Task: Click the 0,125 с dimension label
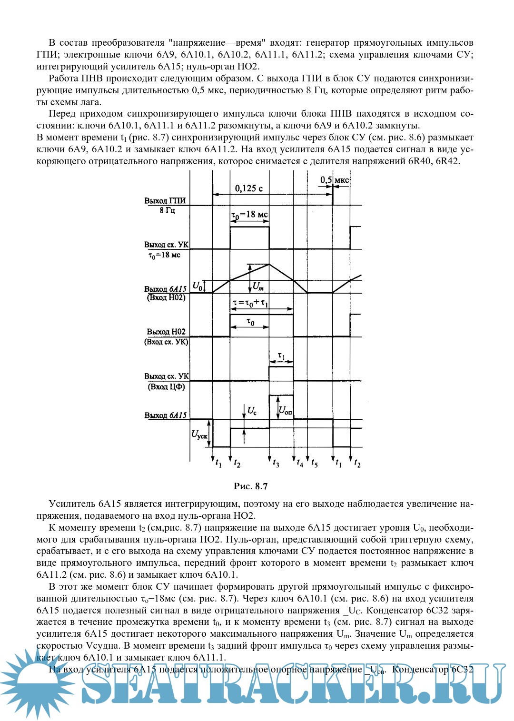[248, 188]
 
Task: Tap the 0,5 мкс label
[335, 180]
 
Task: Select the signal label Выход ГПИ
[165, 201]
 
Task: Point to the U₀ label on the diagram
[197, 286]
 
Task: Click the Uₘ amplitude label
[258, 286]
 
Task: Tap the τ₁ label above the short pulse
[281, 356]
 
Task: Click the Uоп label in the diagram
[285, 410]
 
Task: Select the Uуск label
[199, 434]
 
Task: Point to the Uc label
[252, 411]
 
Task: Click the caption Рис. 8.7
[251, 486]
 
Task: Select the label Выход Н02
[166, 332]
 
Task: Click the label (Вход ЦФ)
[166, 387]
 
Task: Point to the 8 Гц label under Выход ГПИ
[167, 210]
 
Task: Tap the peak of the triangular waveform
[269, 264]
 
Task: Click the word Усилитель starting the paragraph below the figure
[72, 504]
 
